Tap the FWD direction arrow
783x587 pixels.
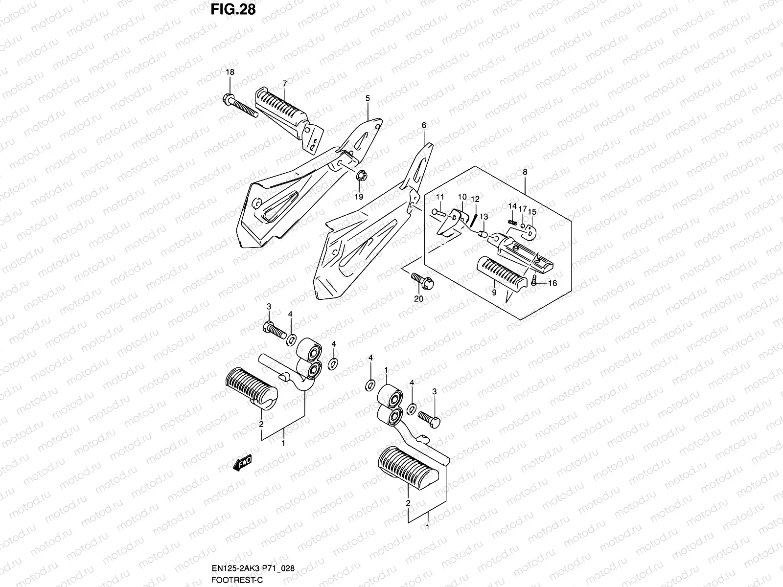(x=243, y=462)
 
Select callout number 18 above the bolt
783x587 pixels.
(x=230, y=72)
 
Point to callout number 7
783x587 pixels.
(x=284, y=83)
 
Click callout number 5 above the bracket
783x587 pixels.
(x=368, y=98)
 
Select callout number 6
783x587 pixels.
(x=424, y=126)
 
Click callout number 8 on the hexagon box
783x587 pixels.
(x=525, y=172)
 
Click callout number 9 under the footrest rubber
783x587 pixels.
(x=494, y=293)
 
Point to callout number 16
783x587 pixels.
(x=553, y=283)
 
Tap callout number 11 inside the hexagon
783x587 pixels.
(x=439, y=197)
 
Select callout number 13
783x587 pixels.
(x=484, y=217)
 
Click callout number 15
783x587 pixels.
(x=532, y=212)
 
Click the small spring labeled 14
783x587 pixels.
(x=512, y=223)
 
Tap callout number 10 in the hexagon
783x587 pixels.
(x=462, y=197)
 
